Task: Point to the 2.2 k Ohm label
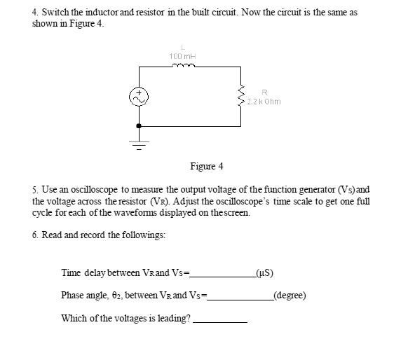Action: [x=264, y=101]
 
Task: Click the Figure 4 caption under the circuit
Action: [x=206, y=166]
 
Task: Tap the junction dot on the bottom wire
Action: [x=140, y=125]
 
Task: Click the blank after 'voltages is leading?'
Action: [x=220, y=319]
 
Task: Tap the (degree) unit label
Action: [x=290, y=294]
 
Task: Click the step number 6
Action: [x=35, y=235]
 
